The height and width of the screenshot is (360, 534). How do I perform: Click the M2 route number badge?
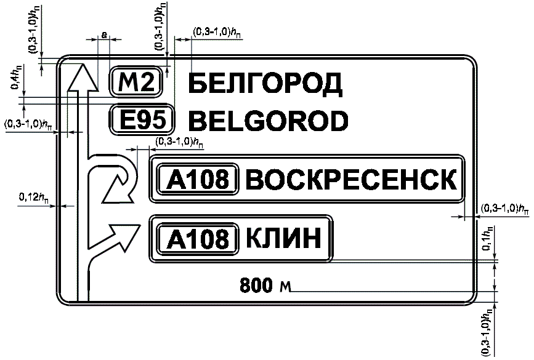click(x=136, y=82)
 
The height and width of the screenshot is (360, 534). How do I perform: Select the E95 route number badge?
click(x=142, y=120)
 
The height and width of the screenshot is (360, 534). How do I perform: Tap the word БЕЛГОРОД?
click(x=265, y=84)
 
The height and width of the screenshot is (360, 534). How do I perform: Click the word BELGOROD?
click(x=269, y=121)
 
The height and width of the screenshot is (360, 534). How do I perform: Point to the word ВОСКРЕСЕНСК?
click(x=351, y=179)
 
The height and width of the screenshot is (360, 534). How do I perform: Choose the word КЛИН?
click(x=283, y=238)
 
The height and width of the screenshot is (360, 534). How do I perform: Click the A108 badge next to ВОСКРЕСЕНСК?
click(x=198, y=179)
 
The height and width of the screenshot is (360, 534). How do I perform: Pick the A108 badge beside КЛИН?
click(x=198, y=239)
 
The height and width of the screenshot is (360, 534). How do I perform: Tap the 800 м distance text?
click(x=265, y=285)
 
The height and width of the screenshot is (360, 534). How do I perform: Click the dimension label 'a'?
click(x=104, y=34)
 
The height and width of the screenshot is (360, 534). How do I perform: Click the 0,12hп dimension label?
click(x=34, y=197)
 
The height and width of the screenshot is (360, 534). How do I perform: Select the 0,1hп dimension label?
click(x=487, y=239)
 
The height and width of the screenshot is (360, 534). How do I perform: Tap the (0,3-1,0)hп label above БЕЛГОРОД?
click(x=217, y=33)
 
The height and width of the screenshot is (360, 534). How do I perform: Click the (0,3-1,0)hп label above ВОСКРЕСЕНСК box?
click(x=179, y=142)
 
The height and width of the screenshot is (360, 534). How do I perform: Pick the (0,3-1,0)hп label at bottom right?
click(x=487, y=332)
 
